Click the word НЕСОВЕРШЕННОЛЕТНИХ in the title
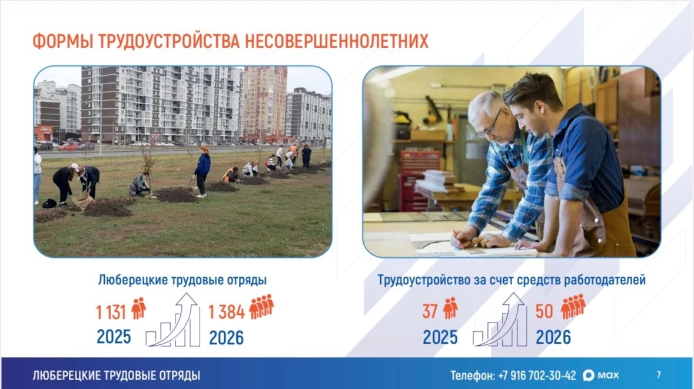point(336,41)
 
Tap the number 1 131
point(111,312)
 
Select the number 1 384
point(226,312)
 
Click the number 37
point(430,311)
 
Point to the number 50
point(544,311)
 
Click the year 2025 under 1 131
point(114,337)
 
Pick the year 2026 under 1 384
point(226,338)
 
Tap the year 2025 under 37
point(440,337)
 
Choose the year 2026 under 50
point(553,337)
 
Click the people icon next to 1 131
point(138,308)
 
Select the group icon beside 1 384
point(261,306)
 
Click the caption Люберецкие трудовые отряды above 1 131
point(182,280)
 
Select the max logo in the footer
point(600,375)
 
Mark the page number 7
point(659,375)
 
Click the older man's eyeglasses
point(490,124)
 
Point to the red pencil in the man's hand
point(458,239)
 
